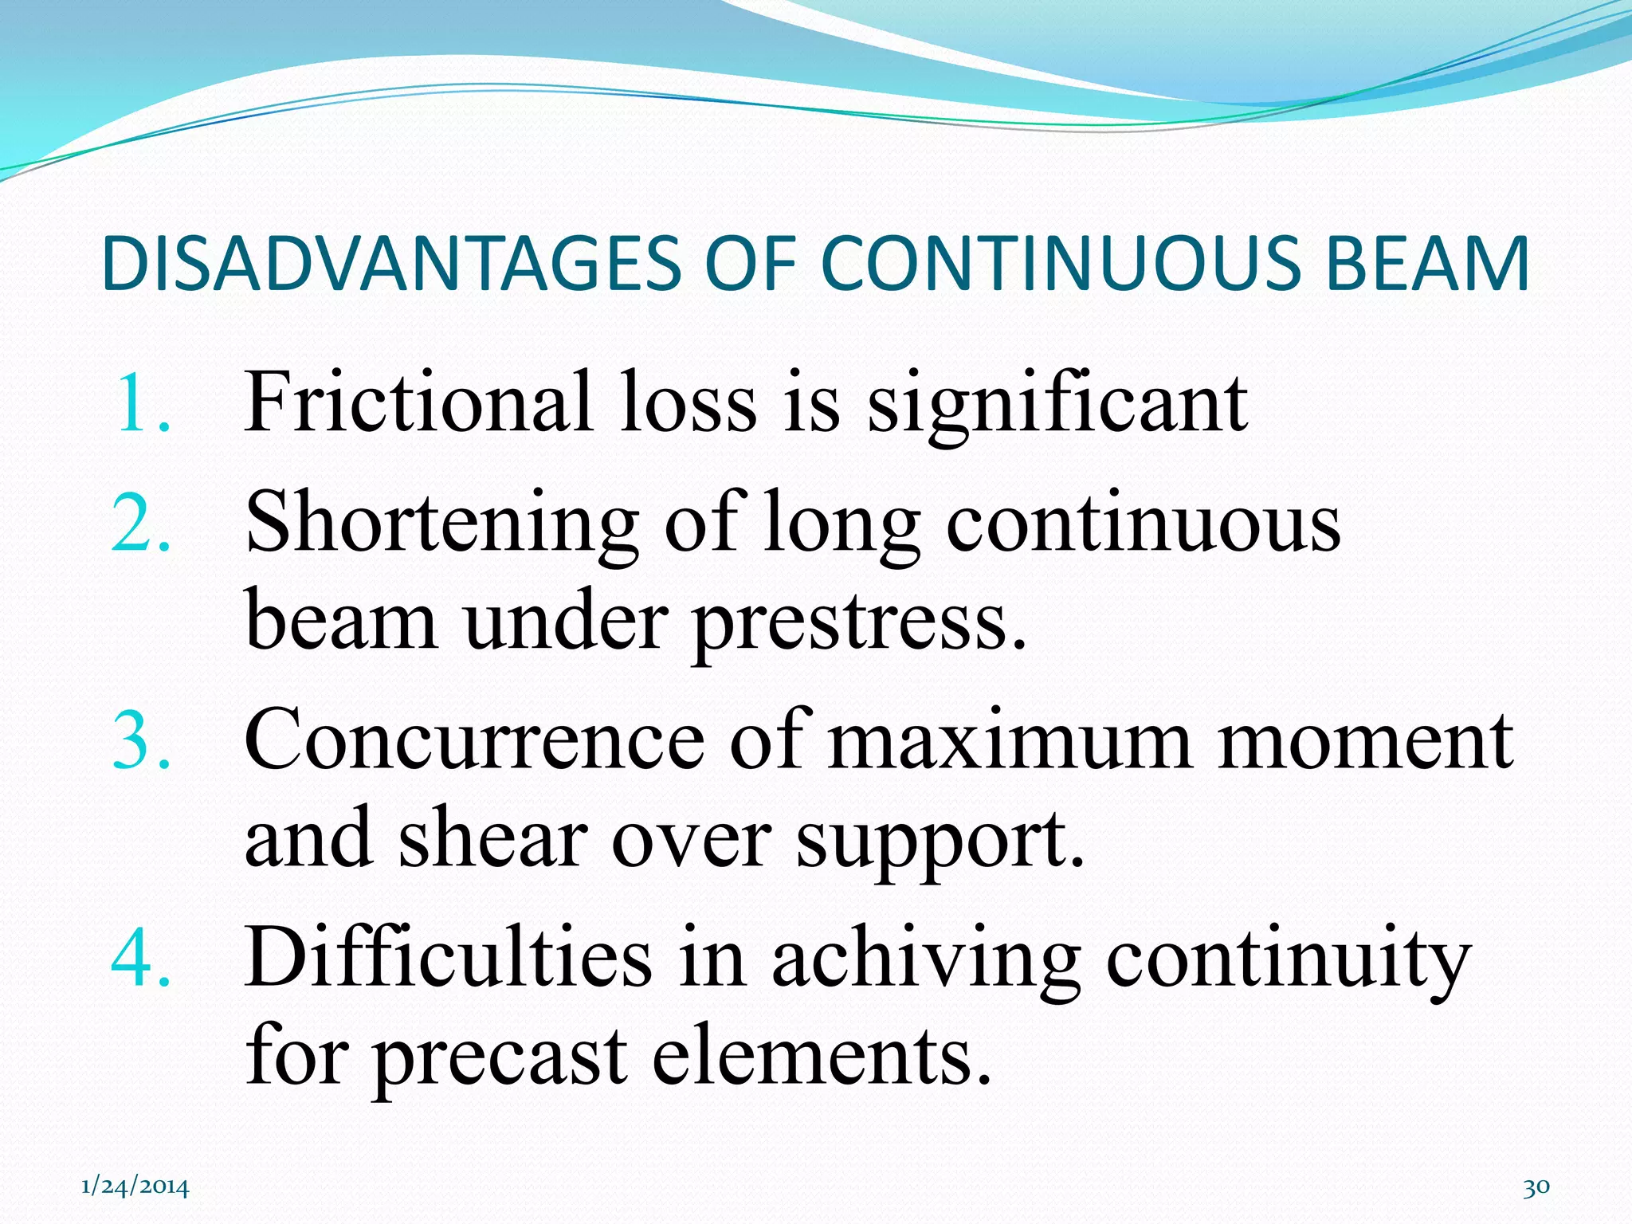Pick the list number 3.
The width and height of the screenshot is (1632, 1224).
tap(142, 741)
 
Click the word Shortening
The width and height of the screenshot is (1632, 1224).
tap(441, 524)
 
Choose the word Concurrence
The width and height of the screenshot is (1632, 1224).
tap(474, 741)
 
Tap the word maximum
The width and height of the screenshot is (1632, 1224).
tap(1010, 741)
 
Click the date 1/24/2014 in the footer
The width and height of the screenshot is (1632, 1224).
tap(135, 1187)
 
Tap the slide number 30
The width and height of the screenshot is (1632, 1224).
tap(1536, 1187)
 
